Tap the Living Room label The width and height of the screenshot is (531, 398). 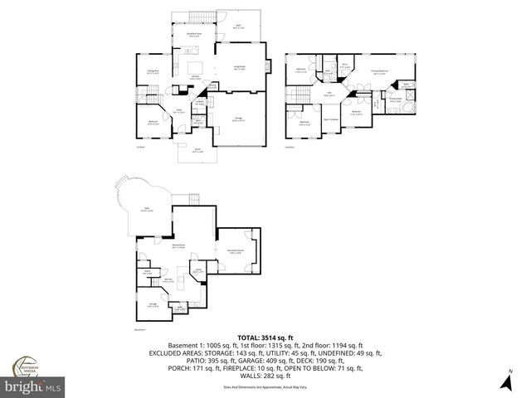[239, 70]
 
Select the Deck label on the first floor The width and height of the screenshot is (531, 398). [239, 27]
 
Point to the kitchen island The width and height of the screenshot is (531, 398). [197, 66]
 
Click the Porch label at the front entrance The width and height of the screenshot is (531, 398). [196, 152]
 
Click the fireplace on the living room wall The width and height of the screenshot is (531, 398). [266, 67]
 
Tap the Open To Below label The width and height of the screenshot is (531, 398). [329, 119]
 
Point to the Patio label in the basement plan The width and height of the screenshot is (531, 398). [147, 211]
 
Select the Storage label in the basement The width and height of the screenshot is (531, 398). [153, 306]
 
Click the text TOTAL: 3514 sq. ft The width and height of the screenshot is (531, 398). [265, 338]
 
